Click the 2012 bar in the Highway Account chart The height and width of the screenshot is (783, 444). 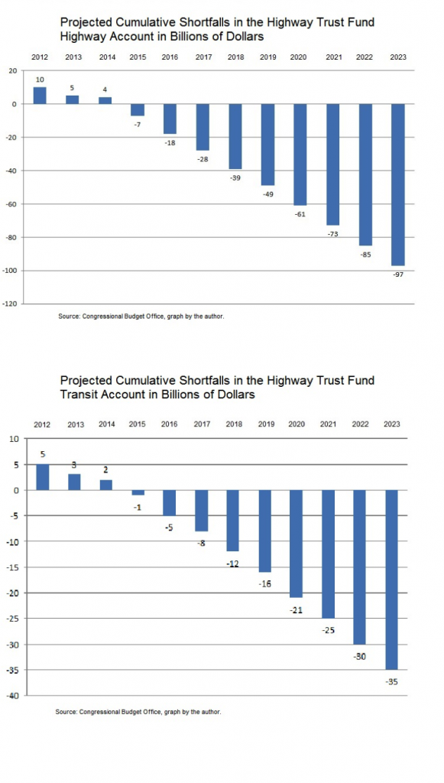tap(40, 96)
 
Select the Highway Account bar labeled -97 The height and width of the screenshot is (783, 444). tap(398, 185)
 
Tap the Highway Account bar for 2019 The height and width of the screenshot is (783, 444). tap(268, 145)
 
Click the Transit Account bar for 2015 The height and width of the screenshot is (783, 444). tap(138, 492)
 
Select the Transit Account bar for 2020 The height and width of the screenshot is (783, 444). tap(297, 544)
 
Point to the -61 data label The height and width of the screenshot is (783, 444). tap(300, 214)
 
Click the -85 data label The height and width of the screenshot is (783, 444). tap(365, 255)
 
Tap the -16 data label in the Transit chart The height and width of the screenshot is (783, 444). tap(265, 584)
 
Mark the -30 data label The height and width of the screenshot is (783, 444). tap(360, 657)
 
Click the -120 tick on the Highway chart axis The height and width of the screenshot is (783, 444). tap(10, 304)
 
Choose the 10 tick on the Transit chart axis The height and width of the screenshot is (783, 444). tap(14, 439)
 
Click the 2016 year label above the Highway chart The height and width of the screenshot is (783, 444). tap(170, 57)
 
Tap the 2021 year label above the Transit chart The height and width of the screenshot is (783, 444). tap(329, 424)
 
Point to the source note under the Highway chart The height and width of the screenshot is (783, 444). tap(141, 316)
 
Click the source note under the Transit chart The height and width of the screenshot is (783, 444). tap(138, 712)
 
